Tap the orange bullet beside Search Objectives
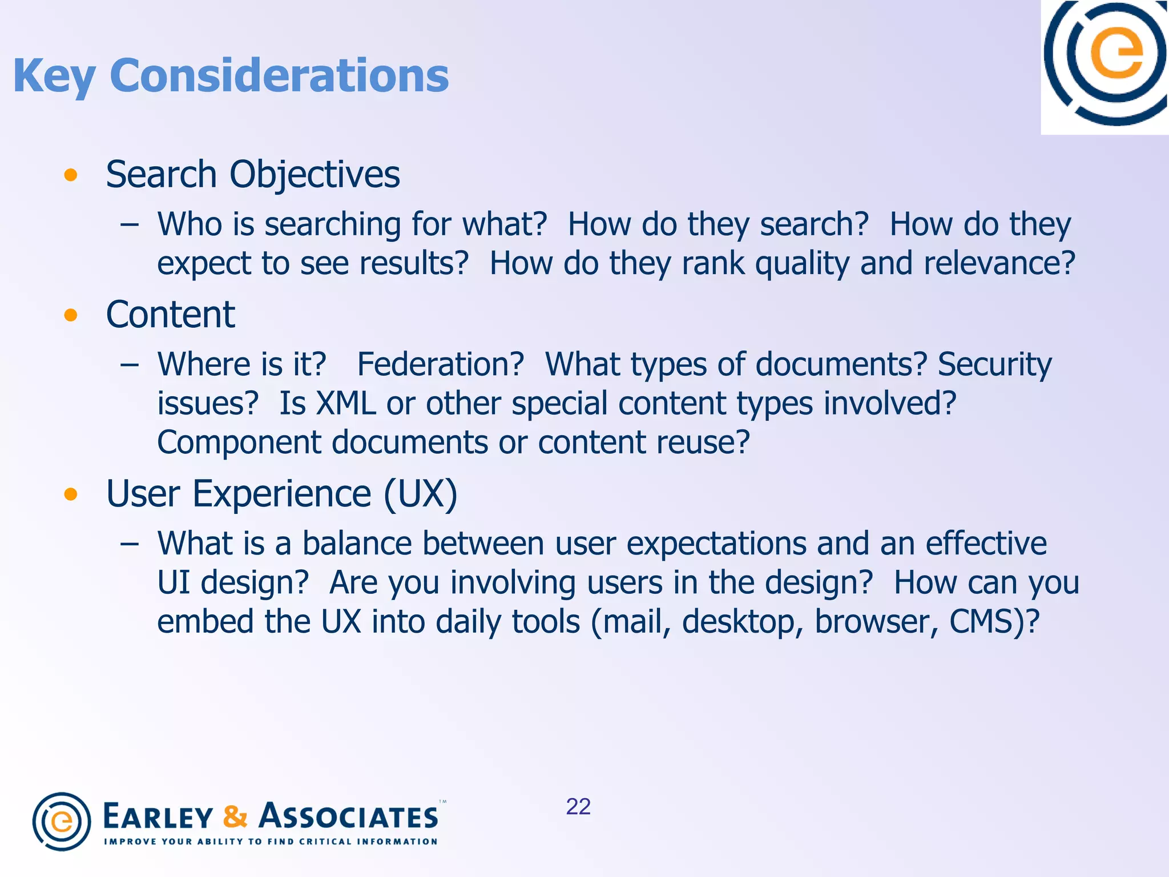(x=71, y=175)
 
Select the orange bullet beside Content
(x=71, y=315)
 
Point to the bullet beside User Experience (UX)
(x=71, y=494)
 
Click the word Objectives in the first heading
(x=315, y=175)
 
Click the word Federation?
(x=440, y=364)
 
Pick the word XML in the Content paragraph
(x=346, y=404)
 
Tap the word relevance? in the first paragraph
(x=999, y=264)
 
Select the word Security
(x=994, y=364)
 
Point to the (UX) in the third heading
(x=421, y=494)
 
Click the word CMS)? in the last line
(x=994, y=622)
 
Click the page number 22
(x=578, y=807)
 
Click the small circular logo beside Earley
(x=62, y=822)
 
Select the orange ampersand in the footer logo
(x=235, y=816)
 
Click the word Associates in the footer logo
(x=349, y=816)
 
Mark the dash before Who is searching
(x=130, y=225)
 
